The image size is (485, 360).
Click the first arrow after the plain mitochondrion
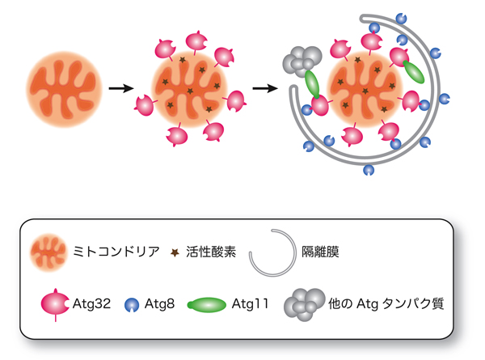click(121, 87)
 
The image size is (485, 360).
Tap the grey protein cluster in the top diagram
click(301, 59)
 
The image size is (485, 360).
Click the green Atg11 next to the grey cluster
click(313, 83)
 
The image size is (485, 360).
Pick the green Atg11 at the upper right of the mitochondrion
click(413, 71)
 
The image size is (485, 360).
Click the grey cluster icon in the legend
click(300, 304)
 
